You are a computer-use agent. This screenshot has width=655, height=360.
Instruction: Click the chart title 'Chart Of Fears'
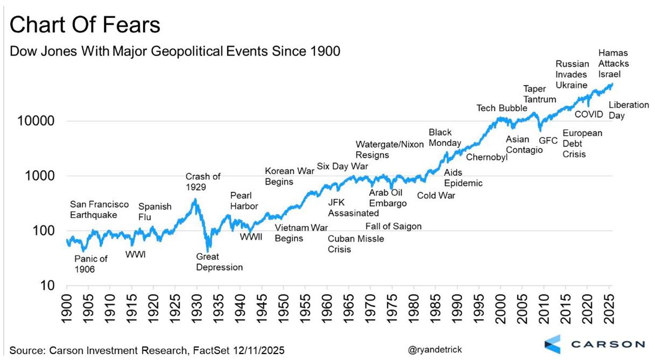pyautogui.click(x=85, y=25)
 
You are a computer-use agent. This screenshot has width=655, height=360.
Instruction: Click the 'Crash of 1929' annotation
pyautogui.click(x=203, y=182)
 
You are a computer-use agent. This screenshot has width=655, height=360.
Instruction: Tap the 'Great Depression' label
pyautogui.click(x=219, y=262)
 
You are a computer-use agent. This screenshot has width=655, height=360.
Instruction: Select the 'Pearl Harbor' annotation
pyautogui.click(x=244, y=201)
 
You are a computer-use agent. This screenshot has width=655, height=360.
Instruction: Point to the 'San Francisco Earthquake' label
pyautogui.click(x=100, y=210)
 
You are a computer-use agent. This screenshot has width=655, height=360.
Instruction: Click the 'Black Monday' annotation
pyautogui.click(x=445, y=138)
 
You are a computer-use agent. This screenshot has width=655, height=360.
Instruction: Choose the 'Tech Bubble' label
pyautogui.click(x=502, y=108)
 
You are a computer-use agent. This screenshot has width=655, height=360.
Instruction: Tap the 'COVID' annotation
pyautogui.click(x=589, y=114)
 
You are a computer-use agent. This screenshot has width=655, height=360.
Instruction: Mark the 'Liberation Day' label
pyautogui.click(x=628, y=110)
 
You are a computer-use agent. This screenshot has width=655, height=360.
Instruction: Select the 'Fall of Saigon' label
pyautogui.click(x=393, y=226)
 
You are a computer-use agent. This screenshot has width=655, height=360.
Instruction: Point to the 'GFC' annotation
pyautogui.click(x=548, y=140)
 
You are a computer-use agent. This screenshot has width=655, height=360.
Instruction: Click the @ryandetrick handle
pyautogui.click(x=435, y=350)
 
